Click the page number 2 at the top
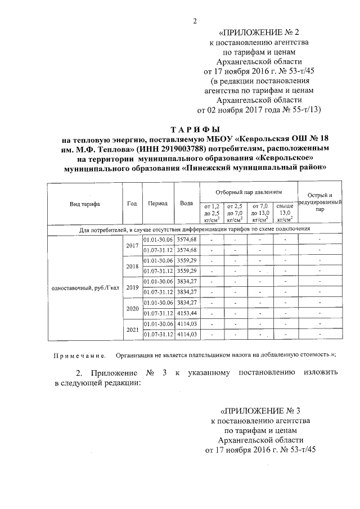(x=195, y=21)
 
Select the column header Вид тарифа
(x=84, y=204)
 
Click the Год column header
(x=132, y=204)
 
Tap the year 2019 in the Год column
(x=132, y=287)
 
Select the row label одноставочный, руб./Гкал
(x=83, y=287)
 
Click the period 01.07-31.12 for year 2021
(x=157, y=335)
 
